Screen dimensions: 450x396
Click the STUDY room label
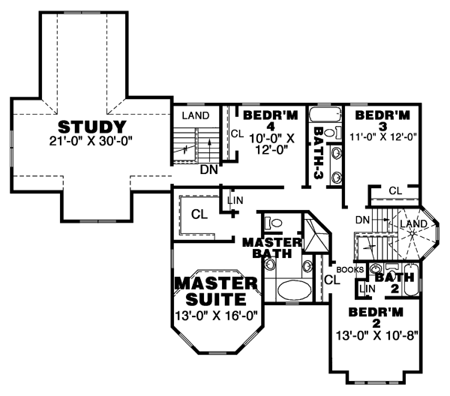tap(91, 127)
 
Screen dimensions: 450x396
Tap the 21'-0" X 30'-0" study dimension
tap(91, 141)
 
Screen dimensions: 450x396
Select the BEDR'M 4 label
tap(271, 120)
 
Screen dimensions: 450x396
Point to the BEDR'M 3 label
tap(382, 120)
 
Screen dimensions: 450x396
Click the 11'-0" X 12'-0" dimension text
tap(383, 137)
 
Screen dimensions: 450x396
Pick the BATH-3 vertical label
tap(319, 153)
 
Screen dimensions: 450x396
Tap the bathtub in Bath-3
tap(325, 115)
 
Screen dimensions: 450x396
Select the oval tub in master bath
tap(295, 290)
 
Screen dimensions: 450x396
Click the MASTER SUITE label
tap(216, 291)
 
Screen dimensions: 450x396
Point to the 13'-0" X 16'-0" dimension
tap(217, 316)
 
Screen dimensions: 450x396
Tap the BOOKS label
tap(350, 270)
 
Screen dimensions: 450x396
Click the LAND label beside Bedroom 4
tap(196, 115)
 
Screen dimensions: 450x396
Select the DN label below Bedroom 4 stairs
tap(209, 170)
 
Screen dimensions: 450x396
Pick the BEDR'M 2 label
tap(376, 317)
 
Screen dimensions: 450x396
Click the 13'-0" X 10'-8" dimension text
tap(376, 335)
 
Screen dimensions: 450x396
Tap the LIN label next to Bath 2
tap(367, 289)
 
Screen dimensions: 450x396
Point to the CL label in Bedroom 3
tap(395, 190)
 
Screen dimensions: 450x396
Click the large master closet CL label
tap(199, 214)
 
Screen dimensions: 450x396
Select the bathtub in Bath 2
tap(411, 280)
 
